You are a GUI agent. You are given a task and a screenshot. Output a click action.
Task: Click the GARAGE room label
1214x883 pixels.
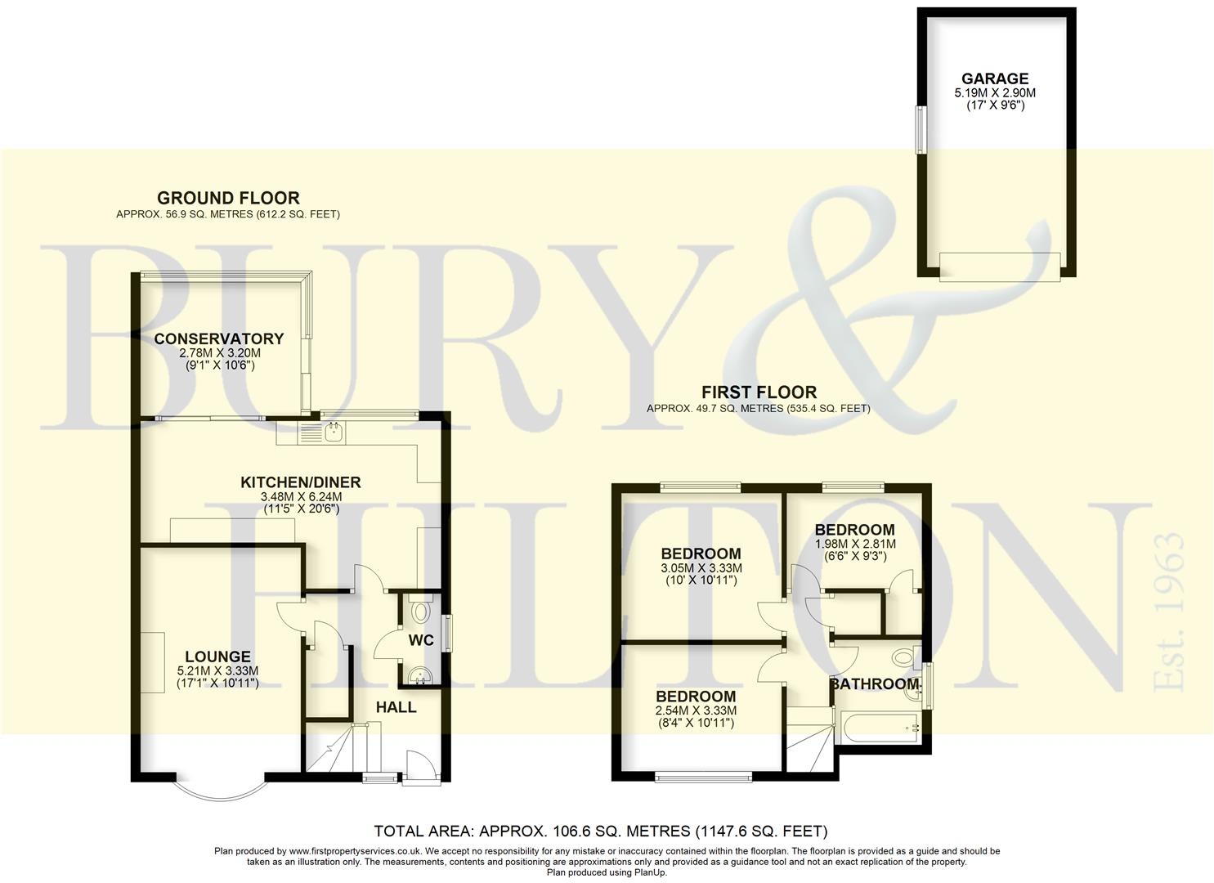pos(994,78)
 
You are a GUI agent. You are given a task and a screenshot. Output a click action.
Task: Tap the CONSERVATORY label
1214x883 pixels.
pos(219,338)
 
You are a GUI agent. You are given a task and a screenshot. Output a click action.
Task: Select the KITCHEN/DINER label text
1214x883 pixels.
pos(300,482)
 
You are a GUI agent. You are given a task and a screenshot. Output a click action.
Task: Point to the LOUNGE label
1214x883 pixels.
pos(217,657)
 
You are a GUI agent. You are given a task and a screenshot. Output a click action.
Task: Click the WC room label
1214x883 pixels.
pos(421,640)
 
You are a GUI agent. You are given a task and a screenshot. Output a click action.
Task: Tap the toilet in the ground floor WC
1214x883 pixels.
pos(421,612)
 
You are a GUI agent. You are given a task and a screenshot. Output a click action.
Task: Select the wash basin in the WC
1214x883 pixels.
pos(419,675)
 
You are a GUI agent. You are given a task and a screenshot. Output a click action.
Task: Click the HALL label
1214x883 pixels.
pos(396,707)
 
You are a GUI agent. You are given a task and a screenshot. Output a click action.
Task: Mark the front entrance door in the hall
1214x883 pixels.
pos(415,764)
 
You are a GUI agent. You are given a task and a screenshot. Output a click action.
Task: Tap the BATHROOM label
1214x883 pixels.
pos(875,684)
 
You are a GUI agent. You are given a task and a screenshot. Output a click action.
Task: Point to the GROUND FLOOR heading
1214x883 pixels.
pos(228,198)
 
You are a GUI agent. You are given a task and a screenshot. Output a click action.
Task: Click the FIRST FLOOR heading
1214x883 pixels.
pos(759,392)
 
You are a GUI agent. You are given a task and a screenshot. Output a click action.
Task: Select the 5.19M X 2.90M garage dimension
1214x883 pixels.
pos(994,94)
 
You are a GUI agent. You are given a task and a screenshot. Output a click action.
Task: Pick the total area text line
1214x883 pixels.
pos(601,831)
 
